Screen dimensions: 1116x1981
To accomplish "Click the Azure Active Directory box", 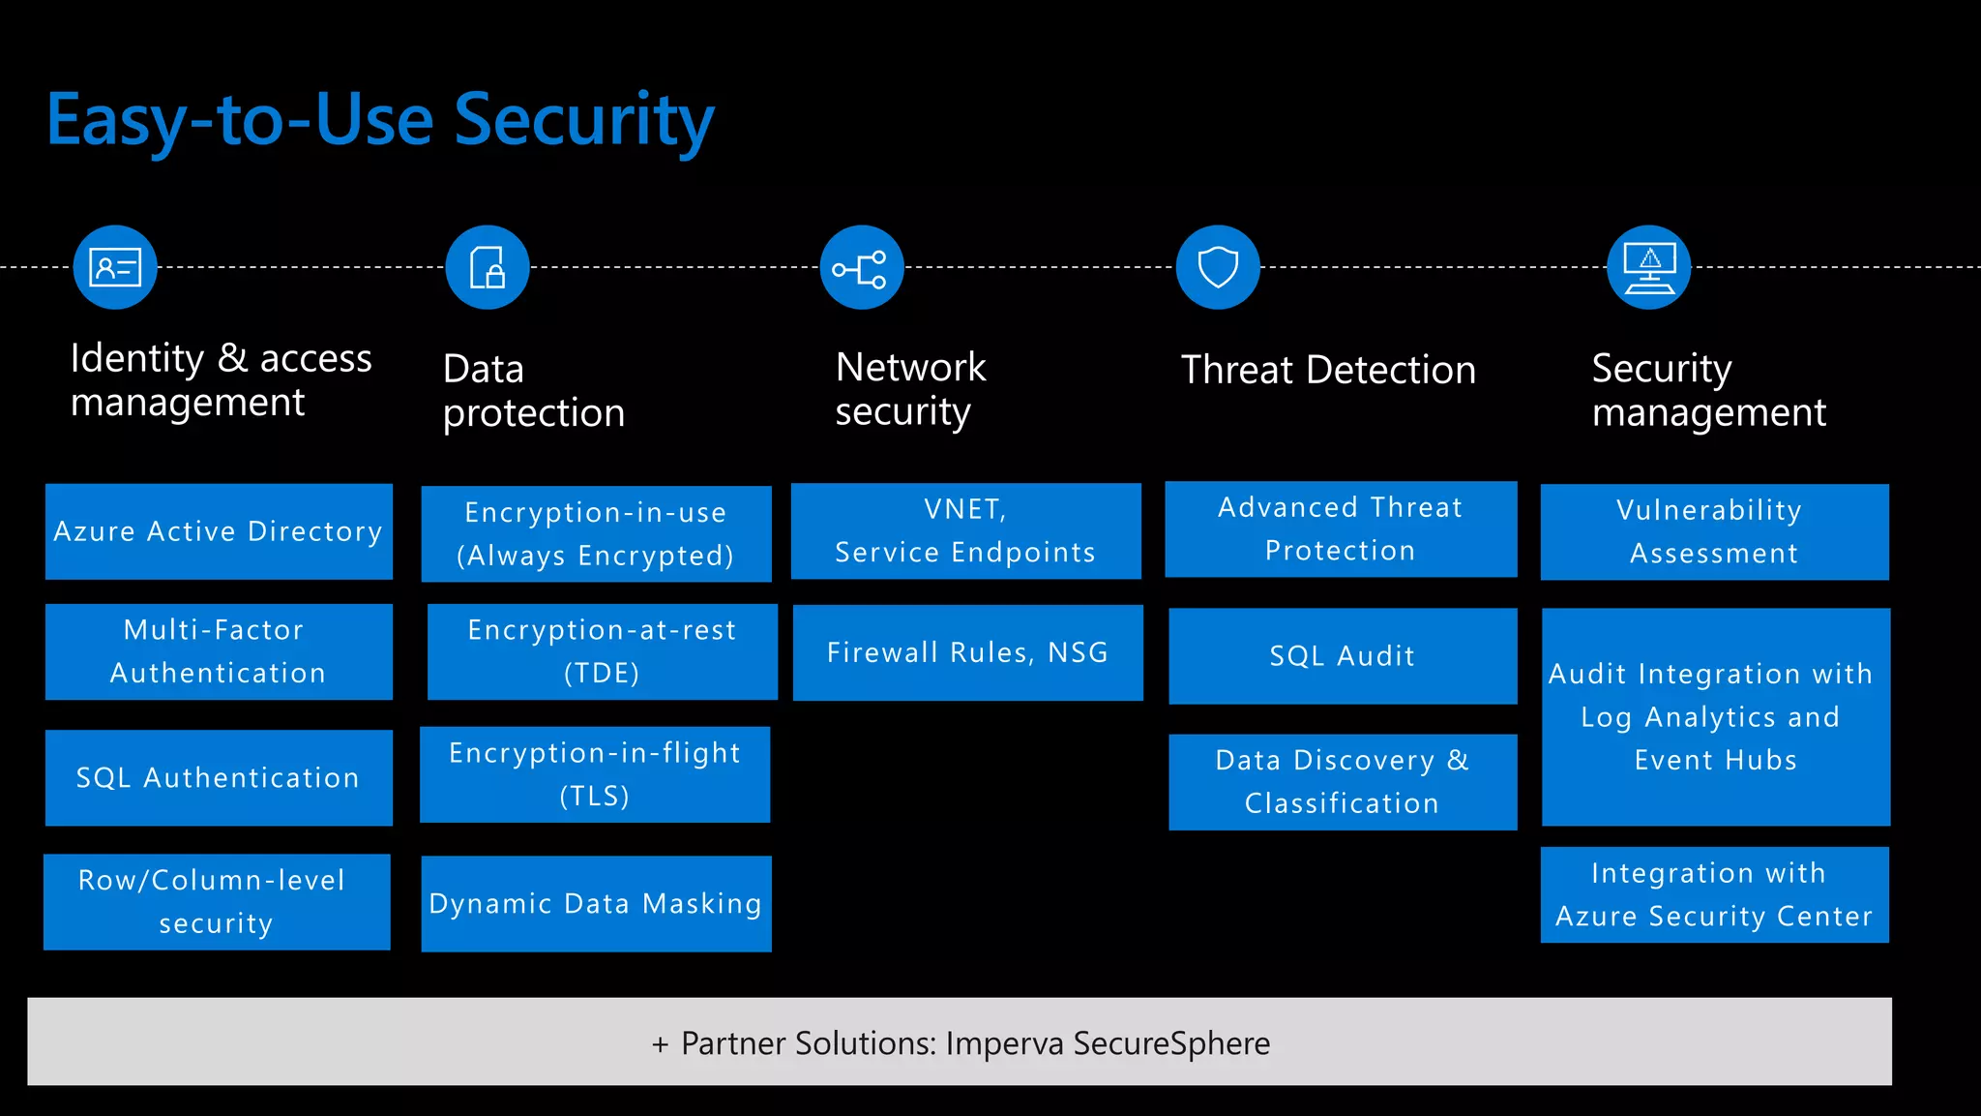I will point(219,531).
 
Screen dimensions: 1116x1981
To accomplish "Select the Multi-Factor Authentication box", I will point(219,651).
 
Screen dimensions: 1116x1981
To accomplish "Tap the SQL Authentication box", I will point(219,777).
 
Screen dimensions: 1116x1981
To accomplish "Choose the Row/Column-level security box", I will point(217,901).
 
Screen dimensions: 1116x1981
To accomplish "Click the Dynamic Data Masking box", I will point(596,903).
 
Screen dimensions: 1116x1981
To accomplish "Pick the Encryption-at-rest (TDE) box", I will point(602,651).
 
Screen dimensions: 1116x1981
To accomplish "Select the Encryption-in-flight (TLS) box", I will point(595,774).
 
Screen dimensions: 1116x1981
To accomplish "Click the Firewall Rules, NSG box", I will point(967,652).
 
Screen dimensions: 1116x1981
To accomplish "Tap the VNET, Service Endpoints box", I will point(965,530).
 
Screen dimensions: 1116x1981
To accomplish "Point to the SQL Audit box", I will point(1343,656).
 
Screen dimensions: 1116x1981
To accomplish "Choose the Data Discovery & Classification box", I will point(1343,782).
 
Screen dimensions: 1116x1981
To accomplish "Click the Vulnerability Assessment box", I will point(1714,531).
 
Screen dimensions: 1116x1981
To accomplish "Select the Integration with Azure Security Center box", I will point(1714,894).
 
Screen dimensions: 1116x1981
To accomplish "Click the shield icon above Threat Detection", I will point(1218,267).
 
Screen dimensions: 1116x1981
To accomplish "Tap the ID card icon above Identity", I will point(115,267).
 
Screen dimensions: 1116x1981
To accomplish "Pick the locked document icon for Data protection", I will point(488,267).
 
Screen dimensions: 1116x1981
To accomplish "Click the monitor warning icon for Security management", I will point(1649,267).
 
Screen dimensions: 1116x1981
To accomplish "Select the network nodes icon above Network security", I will point(861,268).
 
